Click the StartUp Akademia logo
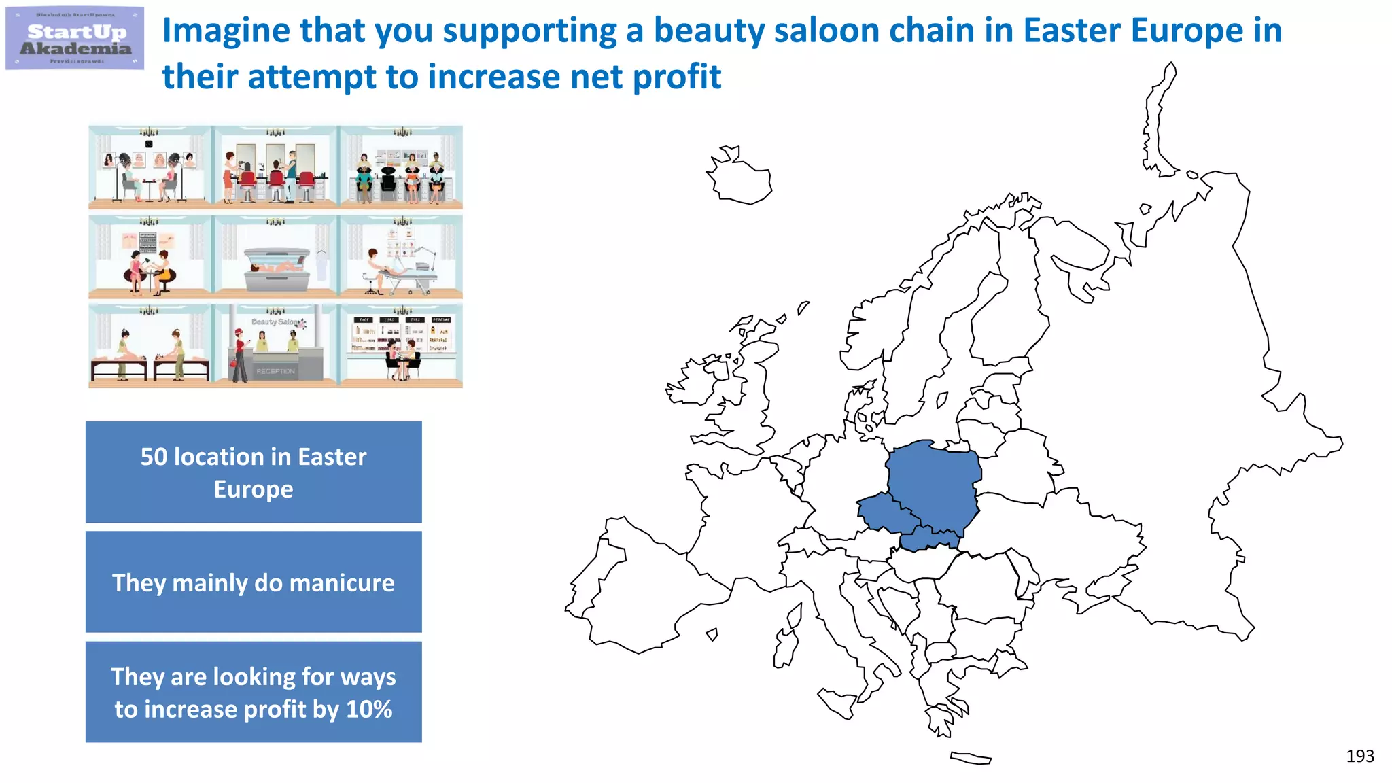click(x=75, y=39)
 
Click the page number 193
click(x=1359, y=756)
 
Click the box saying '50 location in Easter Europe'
click(x=254, y=472)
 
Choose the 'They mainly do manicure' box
click(x=254, y=582)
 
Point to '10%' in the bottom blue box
click(x=369, y=709)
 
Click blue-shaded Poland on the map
click(x=935, y=483)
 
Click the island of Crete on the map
click(x=971, y=758)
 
